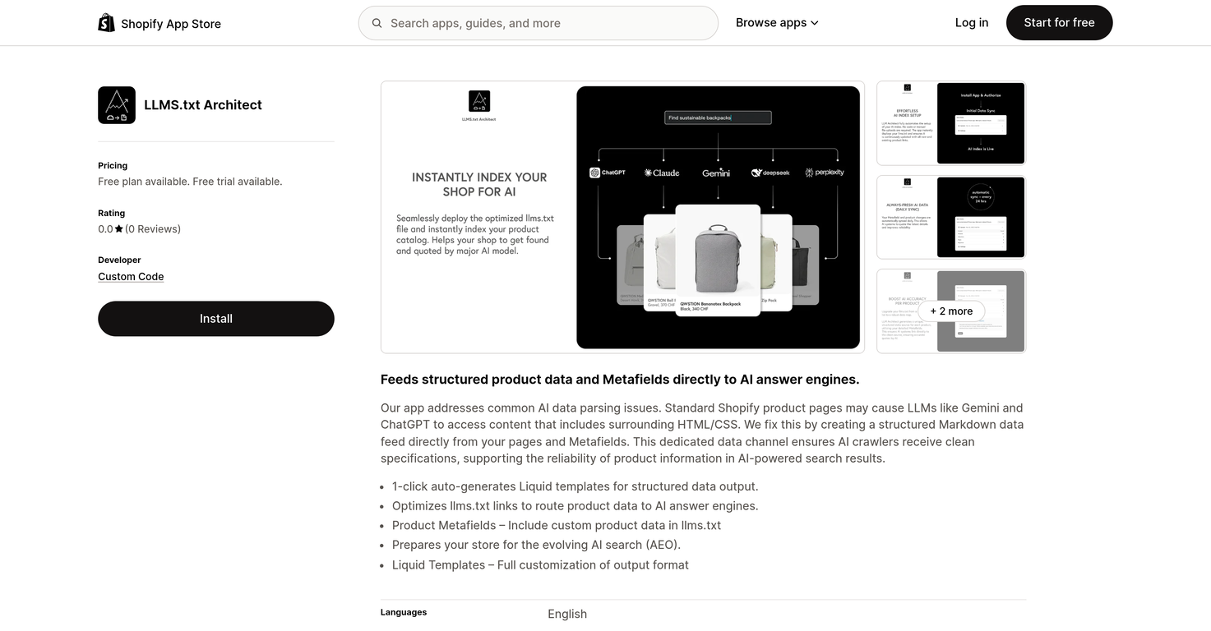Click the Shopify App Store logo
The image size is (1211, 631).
point(159,23)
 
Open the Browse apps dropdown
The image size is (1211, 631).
point(777,23)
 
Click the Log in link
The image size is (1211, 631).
point(971,23)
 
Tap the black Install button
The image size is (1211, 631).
point(215,319)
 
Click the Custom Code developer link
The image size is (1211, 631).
point(131,277)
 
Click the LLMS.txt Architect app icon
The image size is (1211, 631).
point(117,105)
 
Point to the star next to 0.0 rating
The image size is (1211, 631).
point(119,229)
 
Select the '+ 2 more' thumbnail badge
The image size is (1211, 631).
point(951,311)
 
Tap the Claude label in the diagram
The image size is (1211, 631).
point(662,173)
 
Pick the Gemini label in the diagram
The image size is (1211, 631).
point(716,173)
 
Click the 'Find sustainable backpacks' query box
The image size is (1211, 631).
point(718,117)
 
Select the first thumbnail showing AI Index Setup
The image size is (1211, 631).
point(951,123)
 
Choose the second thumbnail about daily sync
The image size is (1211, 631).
point(951,218)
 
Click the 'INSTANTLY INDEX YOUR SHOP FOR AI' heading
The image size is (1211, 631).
point(479,184)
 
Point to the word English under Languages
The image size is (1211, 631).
point(567,614)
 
